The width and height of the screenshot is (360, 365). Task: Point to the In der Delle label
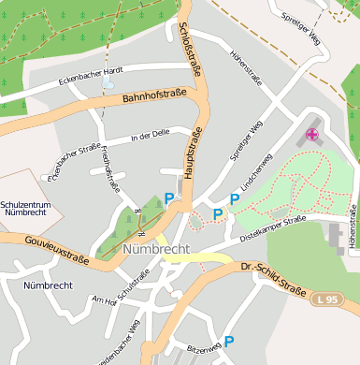pyautogui.click(x=153, y=138)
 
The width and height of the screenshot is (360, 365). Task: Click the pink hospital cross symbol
pyautogui.click(x=311, y=135)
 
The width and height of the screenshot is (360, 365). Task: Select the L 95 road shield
pyautogui.click(x=325, y=299)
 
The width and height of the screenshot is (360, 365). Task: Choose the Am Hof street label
pyautogui.click(x=103, y=299)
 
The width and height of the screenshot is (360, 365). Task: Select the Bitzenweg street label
pyautogui.click(x=204, y=347)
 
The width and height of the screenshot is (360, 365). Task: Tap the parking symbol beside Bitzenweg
pyautogui.click(x=228, y=342)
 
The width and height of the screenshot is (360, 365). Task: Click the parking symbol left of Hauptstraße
pyautogui.click(x=169, y=197)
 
